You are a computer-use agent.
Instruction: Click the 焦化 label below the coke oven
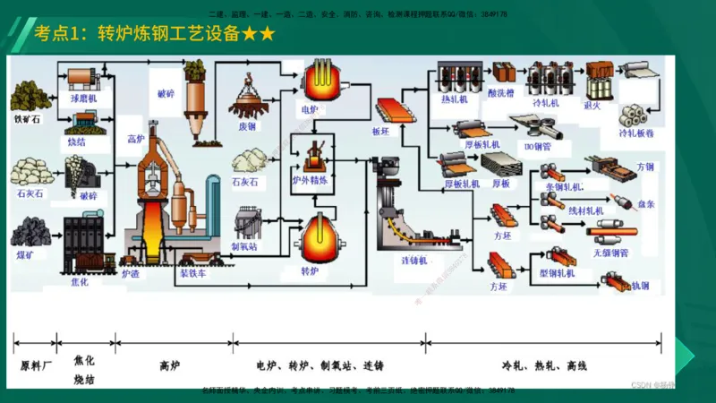click(80, 282)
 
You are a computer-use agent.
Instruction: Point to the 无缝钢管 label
click(610, 253)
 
